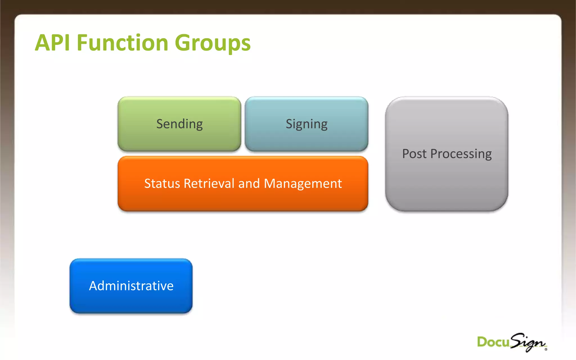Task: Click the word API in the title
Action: click(52, 43)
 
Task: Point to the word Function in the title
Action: click(122, 43)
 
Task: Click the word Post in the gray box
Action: click(414, 154)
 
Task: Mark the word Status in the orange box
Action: click(162, 183)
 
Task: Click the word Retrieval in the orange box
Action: click(209, 183)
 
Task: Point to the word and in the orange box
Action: click(249, 183)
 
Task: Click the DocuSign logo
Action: click(512, 342)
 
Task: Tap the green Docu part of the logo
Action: click(493, 342)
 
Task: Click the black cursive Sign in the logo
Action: click(528, 342)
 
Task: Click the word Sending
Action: click(179, 124)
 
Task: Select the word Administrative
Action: click(131, 286)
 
